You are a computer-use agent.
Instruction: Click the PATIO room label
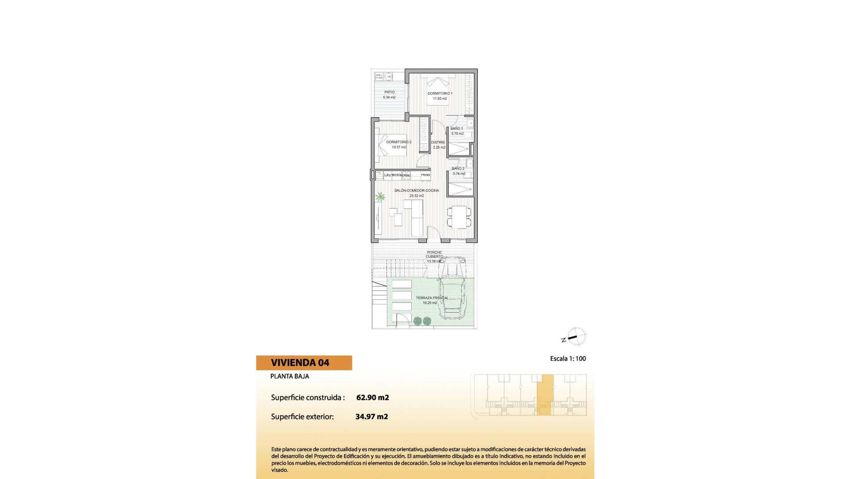pos(389,92)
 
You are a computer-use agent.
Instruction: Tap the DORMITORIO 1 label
pos(440,94)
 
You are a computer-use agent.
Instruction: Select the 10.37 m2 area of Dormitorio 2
pos(399,147)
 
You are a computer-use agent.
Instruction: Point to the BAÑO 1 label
pos(457,129)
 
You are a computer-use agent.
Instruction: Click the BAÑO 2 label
pos(458,169)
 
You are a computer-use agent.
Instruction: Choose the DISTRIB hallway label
pos(438,142)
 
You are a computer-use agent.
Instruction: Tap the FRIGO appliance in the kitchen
pos(425,175)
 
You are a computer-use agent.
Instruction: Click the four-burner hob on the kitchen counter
pos(406,175)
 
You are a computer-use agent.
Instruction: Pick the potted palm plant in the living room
pos(380,196)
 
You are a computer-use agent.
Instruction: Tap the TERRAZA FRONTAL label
pos(432,298)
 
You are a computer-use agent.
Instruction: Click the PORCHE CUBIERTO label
pos(434,255)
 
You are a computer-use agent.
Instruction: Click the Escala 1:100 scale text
pos(568,358)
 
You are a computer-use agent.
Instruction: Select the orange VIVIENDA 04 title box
pos(304,363)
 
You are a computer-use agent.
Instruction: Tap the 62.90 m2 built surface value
pos(372,397)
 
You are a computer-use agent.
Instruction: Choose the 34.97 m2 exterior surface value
pos(371,416)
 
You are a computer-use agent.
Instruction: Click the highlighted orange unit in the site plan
pos(545,395)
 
